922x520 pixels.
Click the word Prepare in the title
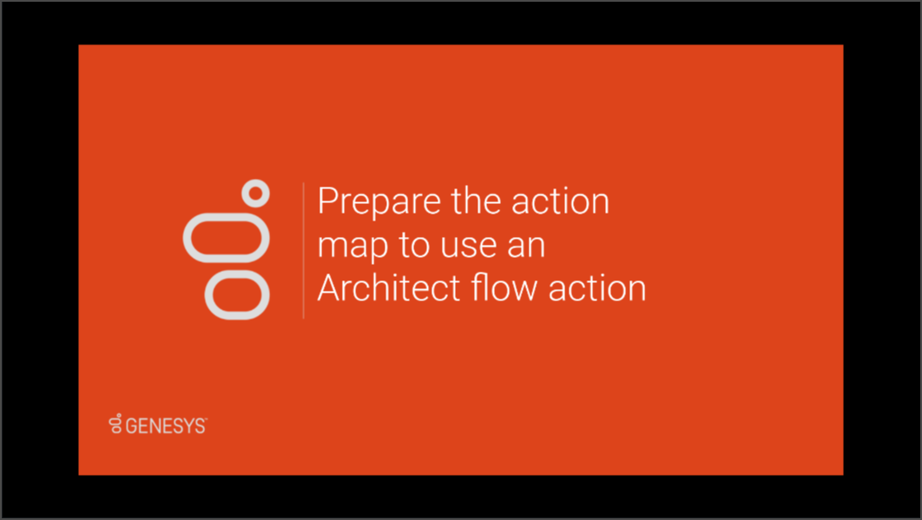(x=380, y=202)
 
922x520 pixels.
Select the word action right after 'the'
(x=560, y=201)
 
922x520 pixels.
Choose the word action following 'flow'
(x=597, y=287)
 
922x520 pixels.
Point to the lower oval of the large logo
(x=237, y=273)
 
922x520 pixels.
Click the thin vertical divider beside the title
(x=303, y=251)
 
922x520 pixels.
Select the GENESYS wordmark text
(x=167, y=426)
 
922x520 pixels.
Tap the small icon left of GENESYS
(x=115, y=424)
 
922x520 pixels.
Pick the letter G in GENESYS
(x=131, y=426)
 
